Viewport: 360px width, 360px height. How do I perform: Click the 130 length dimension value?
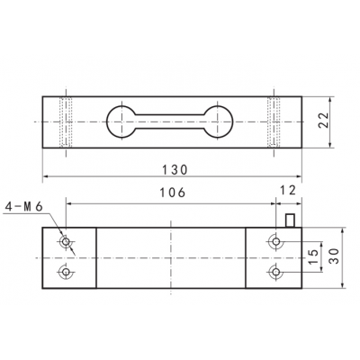coord(175,170)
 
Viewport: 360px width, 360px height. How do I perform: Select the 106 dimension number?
coord(173,193)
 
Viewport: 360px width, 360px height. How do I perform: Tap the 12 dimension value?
coord(288,190)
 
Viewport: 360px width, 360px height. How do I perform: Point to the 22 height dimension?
coord(323,121)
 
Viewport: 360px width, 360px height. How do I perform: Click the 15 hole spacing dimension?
coord(313,256)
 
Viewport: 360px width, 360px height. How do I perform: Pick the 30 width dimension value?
coord(334,256)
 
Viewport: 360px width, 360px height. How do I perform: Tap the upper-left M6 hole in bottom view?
coord(66,241)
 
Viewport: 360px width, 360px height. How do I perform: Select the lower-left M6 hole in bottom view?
coord(66,272)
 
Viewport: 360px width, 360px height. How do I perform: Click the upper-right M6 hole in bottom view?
coord(276,241)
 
